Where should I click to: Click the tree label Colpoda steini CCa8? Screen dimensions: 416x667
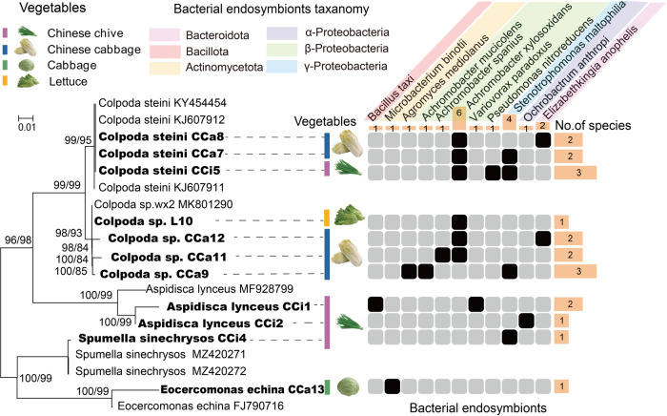coord(149,137)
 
